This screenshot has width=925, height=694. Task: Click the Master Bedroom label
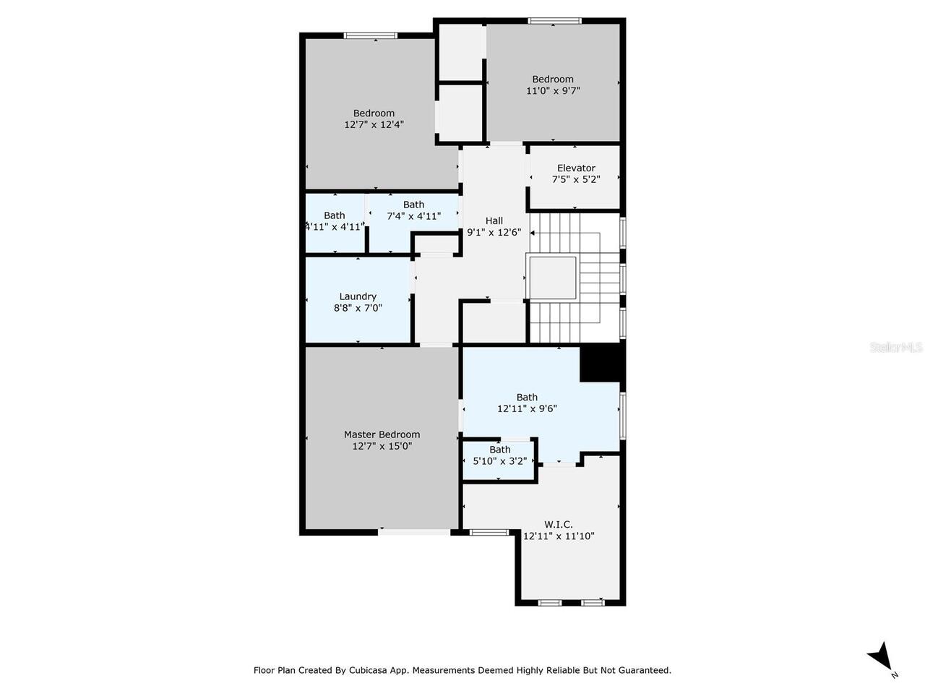382,434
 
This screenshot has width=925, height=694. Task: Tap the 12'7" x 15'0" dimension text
382,446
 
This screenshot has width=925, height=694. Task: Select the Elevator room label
576,168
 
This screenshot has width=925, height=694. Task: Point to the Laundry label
358,296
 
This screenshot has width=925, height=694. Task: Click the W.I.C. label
558,524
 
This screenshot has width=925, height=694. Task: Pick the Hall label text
494,220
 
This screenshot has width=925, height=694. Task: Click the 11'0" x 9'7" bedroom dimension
553,90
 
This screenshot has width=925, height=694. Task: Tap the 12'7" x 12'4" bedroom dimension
374,124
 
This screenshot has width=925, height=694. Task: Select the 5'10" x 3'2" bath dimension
499,460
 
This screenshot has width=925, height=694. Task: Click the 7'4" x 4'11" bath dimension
413,215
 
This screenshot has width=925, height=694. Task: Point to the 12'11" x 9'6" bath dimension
527,408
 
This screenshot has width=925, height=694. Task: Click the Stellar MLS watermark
896,348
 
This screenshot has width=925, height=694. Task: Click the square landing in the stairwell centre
552,278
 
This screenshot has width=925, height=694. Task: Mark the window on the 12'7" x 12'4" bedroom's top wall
370,35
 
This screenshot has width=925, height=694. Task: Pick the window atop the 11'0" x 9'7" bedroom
554,21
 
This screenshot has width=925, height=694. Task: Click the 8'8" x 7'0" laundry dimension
358,308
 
